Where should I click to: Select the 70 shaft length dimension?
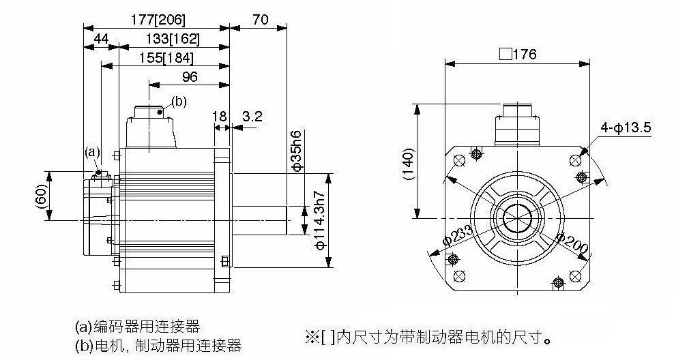(x=260, y=19)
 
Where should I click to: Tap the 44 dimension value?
(x=101, y=39)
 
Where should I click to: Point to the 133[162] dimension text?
(x=173, y=39)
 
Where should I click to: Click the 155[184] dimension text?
(x=166, y=58)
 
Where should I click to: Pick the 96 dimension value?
(x=190, y=76)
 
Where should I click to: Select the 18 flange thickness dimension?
(x=219, y=116)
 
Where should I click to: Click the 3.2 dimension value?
(x=252, y=116)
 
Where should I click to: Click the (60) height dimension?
(x=40, y=196)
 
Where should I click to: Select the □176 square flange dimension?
(x=518, y=54)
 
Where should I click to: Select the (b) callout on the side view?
(x=179, y=102)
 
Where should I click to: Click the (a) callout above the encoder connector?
(x=92, y=151)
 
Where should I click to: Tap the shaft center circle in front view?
(x=518, y=217)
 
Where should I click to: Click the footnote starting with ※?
(x=428, y=337)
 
